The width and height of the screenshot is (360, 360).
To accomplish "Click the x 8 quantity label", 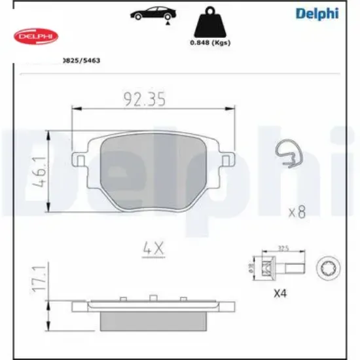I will click(298, 212).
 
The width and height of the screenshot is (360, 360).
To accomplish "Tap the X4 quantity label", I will click(279, 295).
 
